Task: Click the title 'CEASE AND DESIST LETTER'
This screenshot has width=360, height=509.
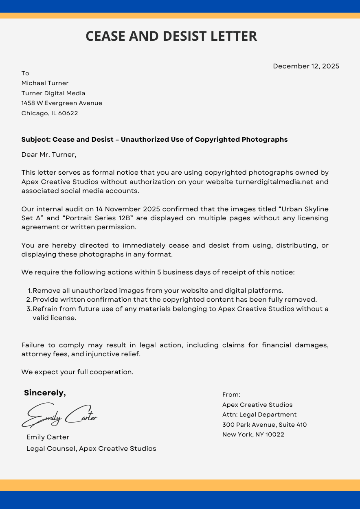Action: [x=171, y=36]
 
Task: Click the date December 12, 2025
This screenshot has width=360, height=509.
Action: [x=306, y=66]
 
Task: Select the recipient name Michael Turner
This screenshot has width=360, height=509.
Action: [x=45, y=83]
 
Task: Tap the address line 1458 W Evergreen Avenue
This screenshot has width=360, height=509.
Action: [x=61, y=103]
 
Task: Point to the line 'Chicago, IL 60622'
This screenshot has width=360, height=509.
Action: [x=50, y=113]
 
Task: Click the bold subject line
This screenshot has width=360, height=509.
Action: [x=154, y=139]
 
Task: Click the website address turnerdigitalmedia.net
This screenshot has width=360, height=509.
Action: [x=274, y=182]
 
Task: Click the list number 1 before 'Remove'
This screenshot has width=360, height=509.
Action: [x=30, y=291]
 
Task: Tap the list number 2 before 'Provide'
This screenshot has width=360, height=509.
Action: [x=30, y=300]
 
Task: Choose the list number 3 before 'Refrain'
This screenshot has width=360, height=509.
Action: [x=30, y=309]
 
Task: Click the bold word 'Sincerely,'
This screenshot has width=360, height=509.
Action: [x=45, y=393]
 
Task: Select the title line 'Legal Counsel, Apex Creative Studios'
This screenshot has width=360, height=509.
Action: [x=91, y=448]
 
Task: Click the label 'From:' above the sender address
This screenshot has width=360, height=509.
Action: [x=231, y=395]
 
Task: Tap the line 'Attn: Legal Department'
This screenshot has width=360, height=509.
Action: [x=259, y=415]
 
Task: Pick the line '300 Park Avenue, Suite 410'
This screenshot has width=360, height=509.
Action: [x=264, y=425]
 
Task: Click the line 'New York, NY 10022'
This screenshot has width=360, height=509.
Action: [x=253, y=434]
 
